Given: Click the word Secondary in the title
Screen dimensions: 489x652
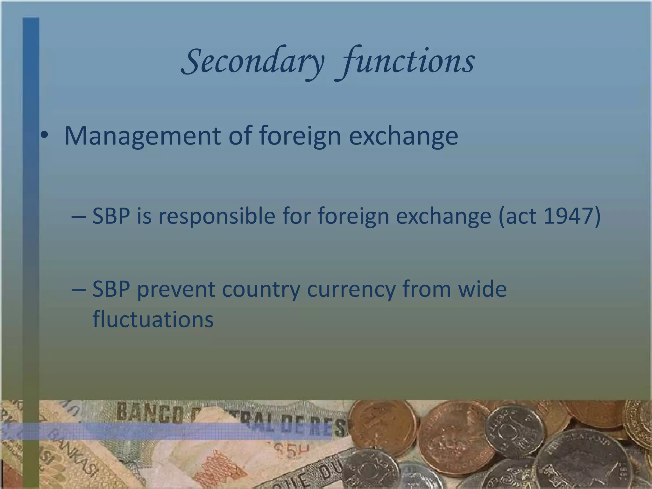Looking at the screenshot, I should pyautogui.click(x=253, y=61).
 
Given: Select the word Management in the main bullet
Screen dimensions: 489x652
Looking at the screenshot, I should pyautogui.click(x=143, y=136).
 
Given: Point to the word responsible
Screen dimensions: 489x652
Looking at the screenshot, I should pyautogui.click(x=217, y=216).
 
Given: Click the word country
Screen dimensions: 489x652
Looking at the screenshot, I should pyautogui.click(x=261, y=289).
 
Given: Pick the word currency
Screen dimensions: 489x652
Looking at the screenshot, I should pyautogui.click(x=351, y=289).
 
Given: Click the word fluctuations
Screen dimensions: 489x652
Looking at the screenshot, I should pyautogui.click(x=153, y=319).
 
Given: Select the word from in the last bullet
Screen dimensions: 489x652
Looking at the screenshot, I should pyautogui.click(x=427, y=289).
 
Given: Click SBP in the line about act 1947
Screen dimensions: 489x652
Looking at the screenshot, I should pyautogui.click(x=111, y=216).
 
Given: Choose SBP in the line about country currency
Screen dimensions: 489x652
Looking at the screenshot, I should pyautogui.click(x=111, y=289).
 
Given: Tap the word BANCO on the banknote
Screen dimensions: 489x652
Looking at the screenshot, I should pyautogui.click(x=150, y=412).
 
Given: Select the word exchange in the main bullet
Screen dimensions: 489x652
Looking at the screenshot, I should pyautogui.click(x=403, y=136).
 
